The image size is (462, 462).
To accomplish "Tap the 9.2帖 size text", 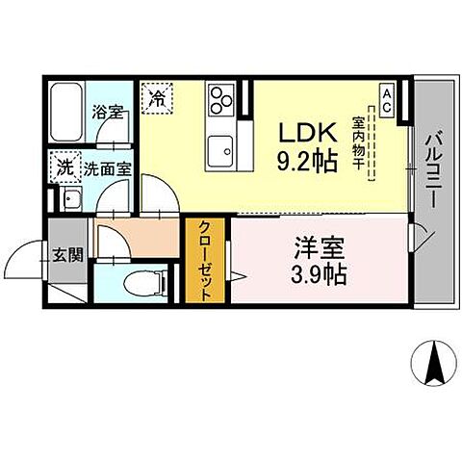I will [307, 161].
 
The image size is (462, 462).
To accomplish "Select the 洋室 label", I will [317, 244].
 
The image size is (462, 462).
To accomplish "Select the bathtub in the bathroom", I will [65, 114].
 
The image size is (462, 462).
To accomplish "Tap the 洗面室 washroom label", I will [107, 168].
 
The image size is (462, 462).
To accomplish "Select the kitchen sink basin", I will [223, 151].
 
